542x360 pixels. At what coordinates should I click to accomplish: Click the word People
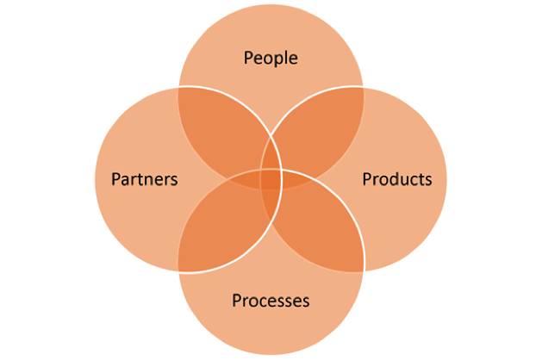point(271,59)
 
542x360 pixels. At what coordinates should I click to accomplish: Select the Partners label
point(145,179)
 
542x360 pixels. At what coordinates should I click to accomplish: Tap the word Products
point(396,179)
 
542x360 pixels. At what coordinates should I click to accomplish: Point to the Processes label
point(271,301)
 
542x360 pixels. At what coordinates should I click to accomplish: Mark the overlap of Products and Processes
point(319,228)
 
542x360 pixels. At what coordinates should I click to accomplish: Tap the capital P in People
point(248,59)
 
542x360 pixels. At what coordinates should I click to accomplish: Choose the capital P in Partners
point(116,179)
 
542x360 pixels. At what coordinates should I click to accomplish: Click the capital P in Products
point(367,179)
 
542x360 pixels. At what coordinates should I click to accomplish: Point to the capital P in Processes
point(237,301)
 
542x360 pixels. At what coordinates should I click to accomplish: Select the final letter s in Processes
point(305,301)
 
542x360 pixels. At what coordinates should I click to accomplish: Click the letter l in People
point(287,59)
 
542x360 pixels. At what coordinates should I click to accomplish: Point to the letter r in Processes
point(246,301)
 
